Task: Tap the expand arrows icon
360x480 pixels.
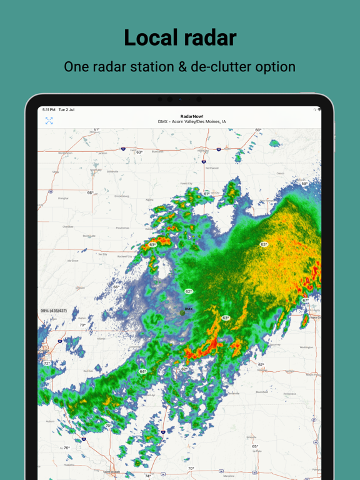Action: point(49,121)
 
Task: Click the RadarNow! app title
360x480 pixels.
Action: point(192,116)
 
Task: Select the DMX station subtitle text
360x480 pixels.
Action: point(192,122)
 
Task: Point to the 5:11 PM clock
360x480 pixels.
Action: point(49,110)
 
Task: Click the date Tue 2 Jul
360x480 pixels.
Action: point(67,110)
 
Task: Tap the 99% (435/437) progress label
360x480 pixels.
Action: point(54,311)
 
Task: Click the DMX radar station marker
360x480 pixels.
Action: point(183,312)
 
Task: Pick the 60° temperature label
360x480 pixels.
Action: point(258,131)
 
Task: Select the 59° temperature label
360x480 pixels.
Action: point(304,183)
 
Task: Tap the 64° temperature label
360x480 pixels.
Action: point(142,372)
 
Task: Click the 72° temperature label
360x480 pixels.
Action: point(46,363)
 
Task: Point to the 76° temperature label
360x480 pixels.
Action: point(67,448)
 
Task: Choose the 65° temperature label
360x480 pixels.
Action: point(255,446)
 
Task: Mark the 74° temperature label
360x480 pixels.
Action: point(148,476)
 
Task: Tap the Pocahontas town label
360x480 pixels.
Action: point(122,229)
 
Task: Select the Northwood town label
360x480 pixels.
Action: point(212,168)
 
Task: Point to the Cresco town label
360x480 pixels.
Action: point(280,174)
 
